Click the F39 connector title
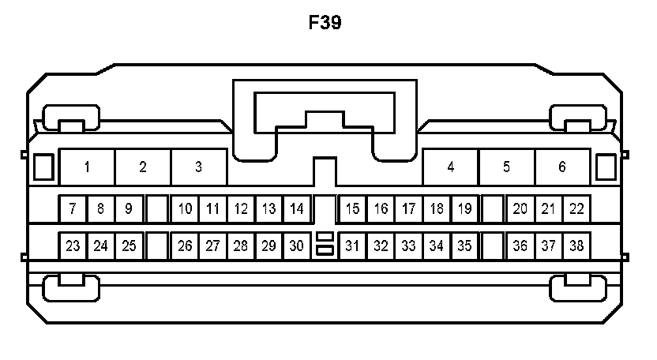[325, 23]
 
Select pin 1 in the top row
[87, 167]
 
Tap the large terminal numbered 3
[198, 167]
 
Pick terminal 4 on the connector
[450, 167]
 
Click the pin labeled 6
[562, 167]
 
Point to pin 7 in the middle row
[73, 209]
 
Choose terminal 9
[129, 209]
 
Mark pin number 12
[241, 209]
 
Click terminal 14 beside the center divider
[296, 209]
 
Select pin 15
[352, 209]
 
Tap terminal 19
[464, 209]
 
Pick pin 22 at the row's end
[576, 209]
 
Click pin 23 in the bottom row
[73, 246]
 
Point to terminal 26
[185, 246]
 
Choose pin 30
[296, 246]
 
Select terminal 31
[352, 246]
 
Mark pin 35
[464, 246]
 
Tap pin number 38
[576, 246]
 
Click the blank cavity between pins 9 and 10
[157, 209]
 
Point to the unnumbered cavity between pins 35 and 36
[493, 246]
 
